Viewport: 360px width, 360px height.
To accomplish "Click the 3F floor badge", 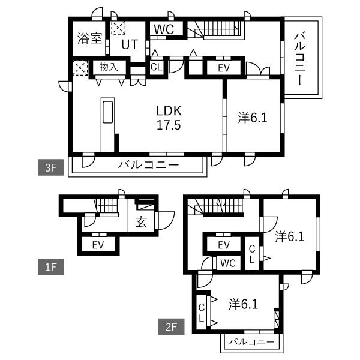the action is pos(51,167).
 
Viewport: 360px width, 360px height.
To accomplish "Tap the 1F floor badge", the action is pos(51,267).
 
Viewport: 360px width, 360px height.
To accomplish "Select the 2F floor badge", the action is pos(171,326).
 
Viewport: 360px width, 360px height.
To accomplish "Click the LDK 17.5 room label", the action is pos(169,118).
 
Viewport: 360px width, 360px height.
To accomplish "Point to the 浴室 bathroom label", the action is pos(89,38).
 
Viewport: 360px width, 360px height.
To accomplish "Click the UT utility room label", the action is pos(130,44).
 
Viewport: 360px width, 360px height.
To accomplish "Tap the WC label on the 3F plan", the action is pos(164,29).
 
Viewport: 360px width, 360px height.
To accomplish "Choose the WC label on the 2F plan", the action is pos(228,263).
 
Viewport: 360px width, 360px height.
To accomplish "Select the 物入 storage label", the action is pos(109,67).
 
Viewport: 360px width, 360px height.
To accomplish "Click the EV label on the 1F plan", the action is pos(98,245).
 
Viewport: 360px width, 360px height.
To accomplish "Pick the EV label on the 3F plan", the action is pos(224,68).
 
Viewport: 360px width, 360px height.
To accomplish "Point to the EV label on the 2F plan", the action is pos(224,245).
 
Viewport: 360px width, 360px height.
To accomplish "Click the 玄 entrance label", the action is pos(141,222).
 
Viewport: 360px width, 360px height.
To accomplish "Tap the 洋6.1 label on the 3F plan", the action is pos(253,118).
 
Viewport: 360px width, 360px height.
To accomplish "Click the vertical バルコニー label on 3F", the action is pos(300,59).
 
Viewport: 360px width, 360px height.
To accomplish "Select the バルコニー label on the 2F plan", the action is pos(252,342).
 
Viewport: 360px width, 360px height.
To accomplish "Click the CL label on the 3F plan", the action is pos(157,67).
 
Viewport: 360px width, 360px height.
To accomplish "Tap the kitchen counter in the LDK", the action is pos(107,125).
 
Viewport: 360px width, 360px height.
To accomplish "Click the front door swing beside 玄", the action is pos(166,220).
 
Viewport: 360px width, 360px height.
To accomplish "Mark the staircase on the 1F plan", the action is pos(106,206).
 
